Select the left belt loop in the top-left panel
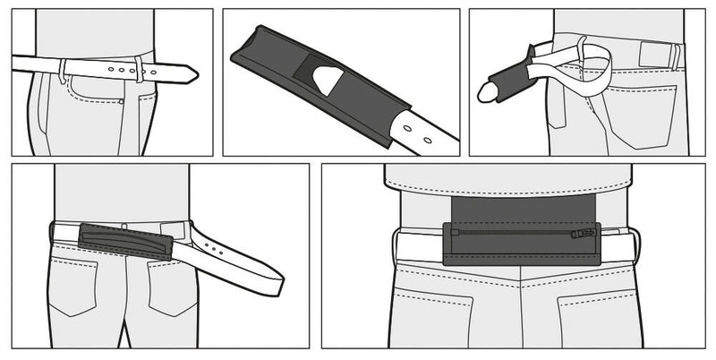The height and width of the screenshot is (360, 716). [x=62, y=70]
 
